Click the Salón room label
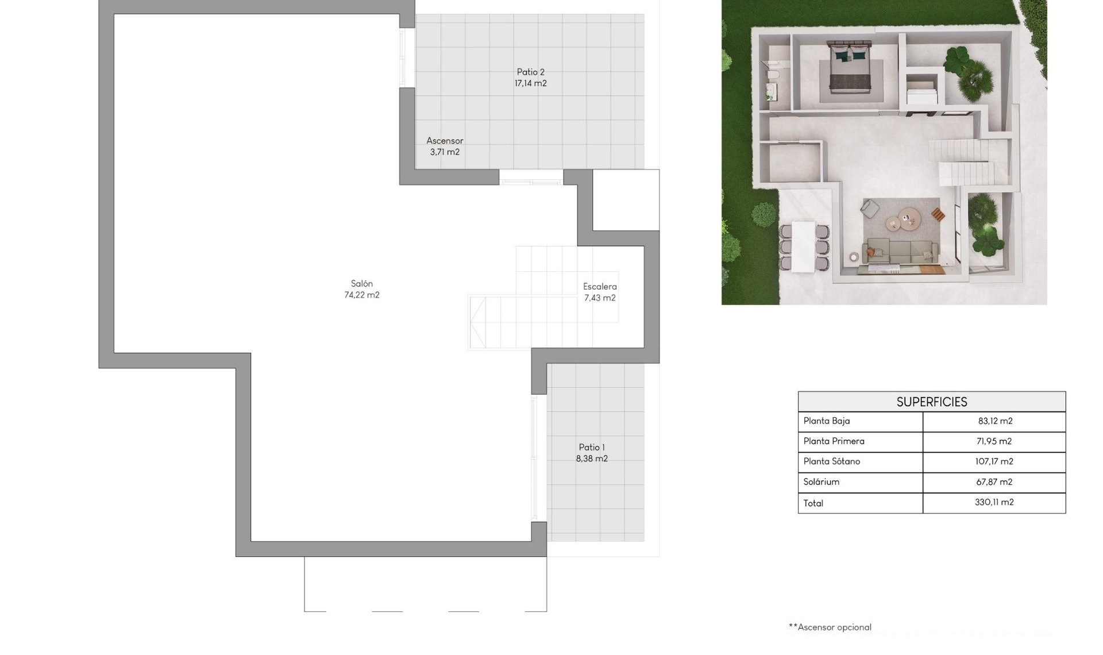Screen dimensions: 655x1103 point(362,284)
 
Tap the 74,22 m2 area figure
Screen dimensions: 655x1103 point(362,295)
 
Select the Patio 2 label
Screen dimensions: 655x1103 point(530,72)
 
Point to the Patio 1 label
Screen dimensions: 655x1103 point(592,448)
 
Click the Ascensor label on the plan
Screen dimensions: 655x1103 point(445,141)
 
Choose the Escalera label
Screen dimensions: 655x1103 point(600,287)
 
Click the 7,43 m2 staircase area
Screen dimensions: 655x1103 point(600,298)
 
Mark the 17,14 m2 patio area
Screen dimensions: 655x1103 point(530,84)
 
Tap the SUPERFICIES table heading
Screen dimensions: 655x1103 point(931,402)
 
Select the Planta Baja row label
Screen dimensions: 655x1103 point(826,421)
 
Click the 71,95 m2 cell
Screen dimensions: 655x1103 point(994,442)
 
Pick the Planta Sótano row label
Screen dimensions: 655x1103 point(831,461)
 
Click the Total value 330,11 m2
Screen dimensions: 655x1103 point(994,503)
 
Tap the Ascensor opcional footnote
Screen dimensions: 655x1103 point(830,627)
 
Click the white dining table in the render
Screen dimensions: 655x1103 point(803,246)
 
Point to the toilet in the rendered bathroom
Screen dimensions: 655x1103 point(773,76)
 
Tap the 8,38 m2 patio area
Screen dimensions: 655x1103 point(592,459)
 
